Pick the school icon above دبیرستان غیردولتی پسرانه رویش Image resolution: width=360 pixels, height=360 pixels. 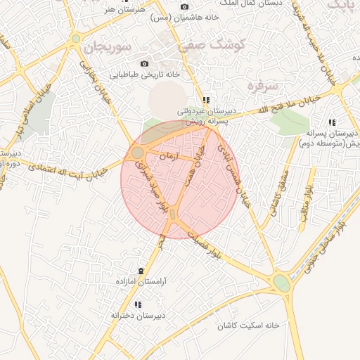coord(205,100)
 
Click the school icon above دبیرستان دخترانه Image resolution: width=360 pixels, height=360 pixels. coord(138,304)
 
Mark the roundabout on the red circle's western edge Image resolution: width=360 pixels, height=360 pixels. coord(137,152)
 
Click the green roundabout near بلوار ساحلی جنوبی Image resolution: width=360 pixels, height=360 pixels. coord(282,283)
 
